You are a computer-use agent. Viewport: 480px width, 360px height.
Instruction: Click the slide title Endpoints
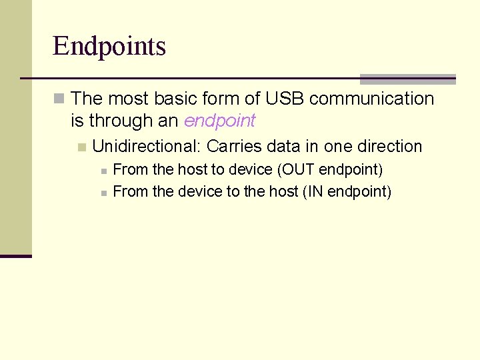click(x=109, y=47)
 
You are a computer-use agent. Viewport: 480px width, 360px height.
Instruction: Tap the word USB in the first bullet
click(x=285, y=99)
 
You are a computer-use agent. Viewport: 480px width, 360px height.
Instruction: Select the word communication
click(x=371, y=99)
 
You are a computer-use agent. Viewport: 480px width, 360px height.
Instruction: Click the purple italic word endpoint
click(x=219, y=121)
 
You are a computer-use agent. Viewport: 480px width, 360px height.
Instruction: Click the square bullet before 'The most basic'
click(x=59, y=99)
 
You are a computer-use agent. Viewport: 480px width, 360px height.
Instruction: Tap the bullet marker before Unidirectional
click(x=81, y=147)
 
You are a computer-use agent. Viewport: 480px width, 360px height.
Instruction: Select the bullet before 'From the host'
click(x=103, y=171)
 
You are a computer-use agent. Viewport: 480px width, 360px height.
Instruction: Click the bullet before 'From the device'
click(x=103, y=193)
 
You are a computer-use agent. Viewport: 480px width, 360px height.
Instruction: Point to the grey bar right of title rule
click(x=407, y=79)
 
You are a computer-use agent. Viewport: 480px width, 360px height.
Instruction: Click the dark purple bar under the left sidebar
click(x=16, y=256)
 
